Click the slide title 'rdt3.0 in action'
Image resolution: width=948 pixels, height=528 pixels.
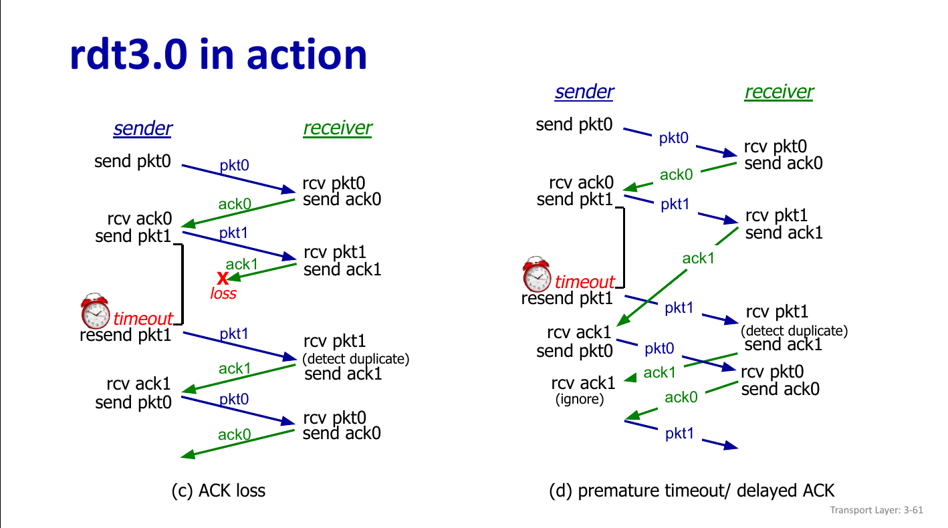(219, 55)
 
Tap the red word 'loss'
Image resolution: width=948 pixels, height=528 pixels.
(223, 293)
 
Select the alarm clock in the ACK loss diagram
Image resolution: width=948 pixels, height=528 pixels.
(95, 311)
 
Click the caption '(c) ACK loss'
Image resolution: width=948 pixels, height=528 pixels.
(219, 491)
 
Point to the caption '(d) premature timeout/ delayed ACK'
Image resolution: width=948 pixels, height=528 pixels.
(691, 491)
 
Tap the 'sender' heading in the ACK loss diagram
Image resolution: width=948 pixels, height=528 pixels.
(142, 128)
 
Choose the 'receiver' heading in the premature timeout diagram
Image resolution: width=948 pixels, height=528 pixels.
(779, 92)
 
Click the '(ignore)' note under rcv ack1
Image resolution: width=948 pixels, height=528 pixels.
(580, 400)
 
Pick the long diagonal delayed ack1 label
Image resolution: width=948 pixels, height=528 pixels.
(699, 258)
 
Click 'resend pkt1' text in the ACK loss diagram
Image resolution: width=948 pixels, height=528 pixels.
(125, 335)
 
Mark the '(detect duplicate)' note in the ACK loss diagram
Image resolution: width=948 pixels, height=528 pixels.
(356, 359)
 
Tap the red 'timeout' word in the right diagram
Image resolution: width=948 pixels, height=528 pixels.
(584, 282)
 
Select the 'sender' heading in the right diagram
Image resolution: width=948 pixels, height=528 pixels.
(584, 92)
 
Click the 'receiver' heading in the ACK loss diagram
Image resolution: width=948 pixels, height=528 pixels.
(337, 128)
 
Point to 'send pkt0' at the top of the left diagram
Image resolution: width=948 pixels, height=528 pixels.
(132, 161)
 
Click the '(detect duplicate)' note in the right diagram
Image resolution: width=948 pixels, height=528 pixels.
(794, 330)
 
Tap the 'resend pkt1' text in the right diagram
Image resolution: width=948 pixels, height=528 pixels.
(566, 298)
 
